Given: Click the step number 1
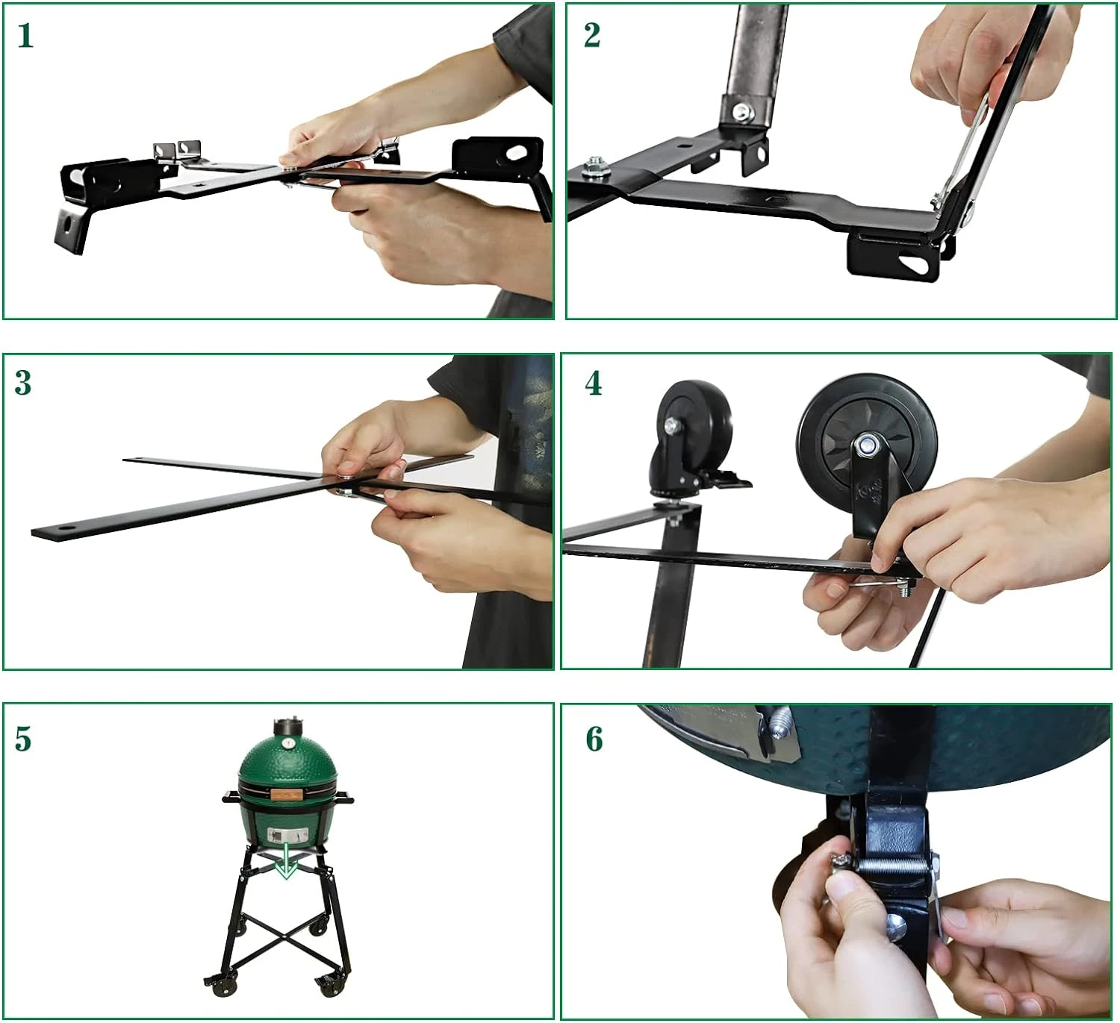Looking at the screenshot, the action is [25, 37].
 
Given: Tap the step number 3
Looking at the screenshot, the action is [23, 384].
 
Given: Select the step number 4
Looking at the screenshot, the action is [593, 384].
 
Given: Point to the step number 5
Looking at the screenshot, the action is [23, 739].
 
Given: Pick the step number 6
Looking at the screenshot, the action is [594, 739].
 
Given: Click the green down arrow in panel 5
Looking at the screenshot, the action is [287, 860].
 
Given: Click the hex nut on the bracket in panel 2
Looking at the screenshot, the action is [592, 167].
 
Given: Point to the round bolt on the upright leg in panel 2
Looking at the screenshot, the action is [744, 112].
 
